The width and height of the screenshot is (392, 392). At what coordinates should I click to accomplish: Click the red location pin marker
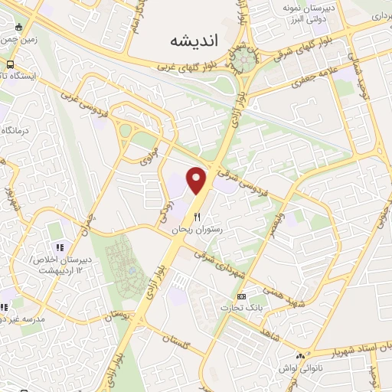[x=198, y=180]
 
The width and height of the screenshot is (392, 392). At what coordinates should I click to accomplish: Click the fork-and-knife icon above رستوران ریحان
[x=197, y=217]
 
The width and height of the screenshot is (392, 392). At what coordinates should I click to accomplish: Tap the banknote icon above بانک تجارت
[x=242, y=296]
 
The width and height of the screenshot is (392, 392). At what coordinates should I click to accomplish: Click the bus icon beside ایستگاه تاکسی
[x=11, y=65]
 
